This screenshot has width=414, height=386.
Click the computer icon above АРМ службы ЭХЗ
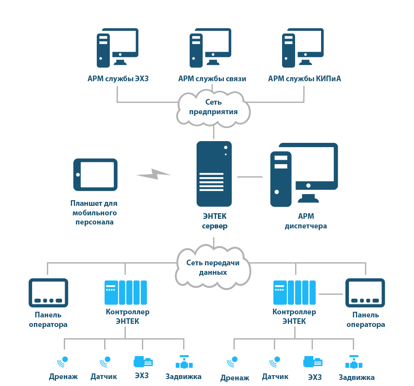point(118,48)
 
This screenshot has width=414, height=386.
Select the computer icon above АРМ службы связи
point(210,48)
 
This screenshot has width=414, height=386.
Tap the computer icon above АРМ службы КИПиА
point(303,48)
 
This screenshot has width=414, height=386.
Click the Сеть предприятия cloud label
point(214,107)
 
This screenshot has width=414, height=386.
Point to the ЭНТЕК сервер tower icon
point(214,174)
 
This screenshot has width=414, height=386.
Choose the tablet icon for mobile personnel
point(95,175)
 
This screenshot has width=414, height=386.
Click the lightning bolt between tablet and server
point(153,174)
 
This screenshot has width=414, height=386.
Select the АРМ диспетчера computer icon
point(304,175)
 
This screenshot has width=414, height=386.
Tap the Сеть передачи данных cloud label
point(213,267)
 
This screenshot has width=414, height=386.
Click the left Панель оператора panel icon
point(48,293)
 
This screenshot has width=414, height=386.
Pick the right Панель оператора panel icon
point(365,293)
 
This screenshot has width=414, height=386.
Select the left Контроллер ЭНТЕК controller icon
point(126,293)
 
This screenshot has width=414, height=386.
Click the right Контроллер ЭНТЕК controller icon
point(294,293)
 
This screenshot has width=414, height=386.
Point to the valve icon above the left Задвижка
point(184,362)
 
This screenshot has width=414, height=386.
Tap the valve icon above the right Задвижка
point(354,362)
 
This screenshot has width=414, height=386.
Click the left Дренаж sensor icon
point(63,362)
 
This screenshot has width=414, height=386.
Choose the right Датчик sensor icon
point(275,362)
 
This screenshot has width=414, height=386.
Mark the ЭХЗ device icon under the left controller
point(143,362)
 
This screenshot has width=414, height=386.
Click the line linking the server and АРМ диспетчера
point(250,177)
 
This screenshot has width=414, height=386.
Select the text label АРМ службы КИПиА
point(305,79)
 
